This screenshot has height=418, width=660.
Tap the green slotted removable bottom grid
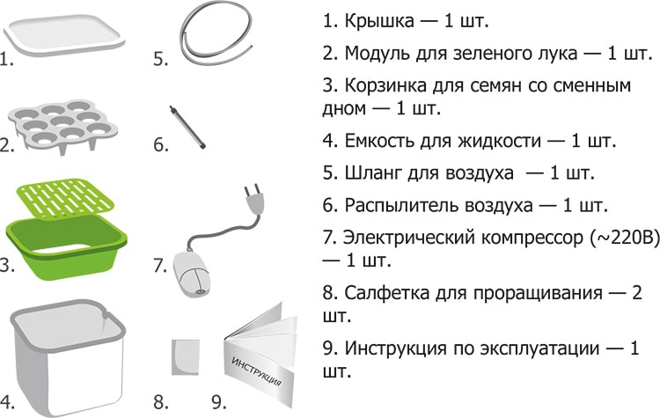point(66,196)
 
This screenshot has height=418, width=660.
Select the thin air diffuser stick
point(187,127)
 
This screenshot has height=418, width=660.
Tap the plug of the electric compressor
point(253,199)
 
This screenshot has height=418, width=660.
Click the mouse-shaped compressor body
point(191,274)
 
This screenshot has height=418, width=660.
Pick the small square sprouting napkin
point(185,357)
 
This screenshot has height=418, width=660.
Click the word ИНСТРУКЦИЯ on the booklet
point(256,371)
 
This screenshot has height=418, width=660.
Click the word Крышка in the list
point(379,21)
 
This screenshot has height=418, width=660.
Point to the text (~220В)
point(626,238)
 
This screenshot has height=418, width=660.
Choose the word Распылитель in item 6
point(401,205)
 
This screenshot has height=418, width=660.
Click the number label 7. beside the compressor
point(160,266)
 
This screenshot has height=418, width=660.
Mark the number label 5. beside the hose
point(160,59)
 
